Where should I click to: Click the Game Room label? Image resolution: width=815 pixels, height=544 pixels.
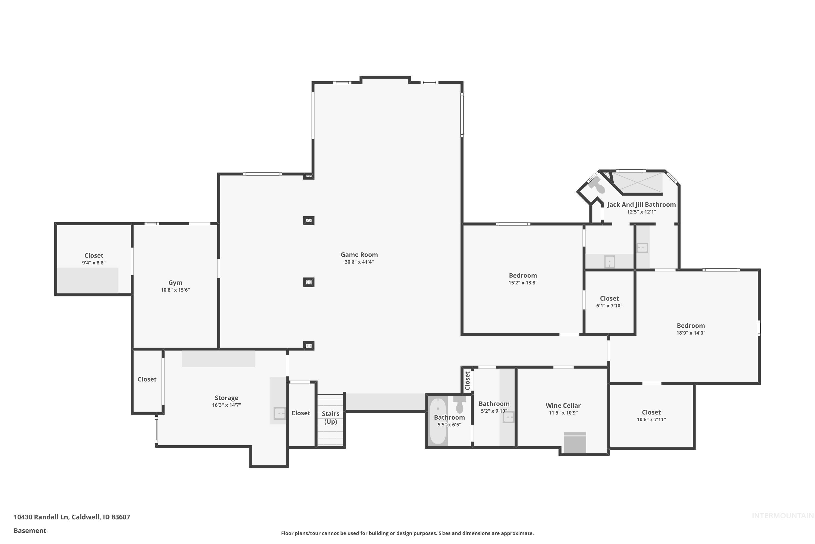[x=359, y=255]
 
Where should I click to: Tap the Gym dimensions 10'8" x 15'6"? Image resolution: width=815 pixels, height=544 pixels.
[x=175, y=290]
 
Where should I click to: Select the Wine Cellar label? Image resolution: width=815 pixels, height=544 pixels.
[x=563, y=406]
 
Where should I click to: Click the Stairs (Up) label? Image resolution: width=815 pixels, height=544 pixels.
[x=330, y=417]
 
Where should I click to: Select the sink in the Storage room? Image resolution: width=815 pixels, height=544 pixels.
[x=279, y=413]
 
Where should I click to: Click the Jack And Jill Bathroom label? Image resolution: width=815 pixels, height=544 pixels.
[x=641, y=205]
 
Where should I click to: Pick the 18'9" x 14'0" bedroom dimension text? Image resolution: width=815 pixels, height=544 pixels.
[x=691, y=333]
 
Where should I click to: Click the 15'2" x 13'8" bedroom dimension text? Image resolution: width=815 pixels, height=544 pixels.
[x=523, y=283]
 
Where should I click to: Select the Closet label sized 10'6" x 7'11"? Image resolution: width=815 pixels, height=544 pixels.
[x=651, y=413]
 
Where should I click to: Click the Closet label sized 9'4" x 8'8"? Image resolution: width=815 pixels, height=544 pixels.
[x=94, y=256]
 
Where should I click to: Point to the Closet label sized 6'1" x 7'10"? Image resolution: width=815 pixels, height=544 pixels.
[x=609, y=299]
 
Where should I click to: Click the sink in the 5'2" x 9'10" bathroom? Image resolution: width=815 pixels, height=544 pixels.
[x=508, y=417]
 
